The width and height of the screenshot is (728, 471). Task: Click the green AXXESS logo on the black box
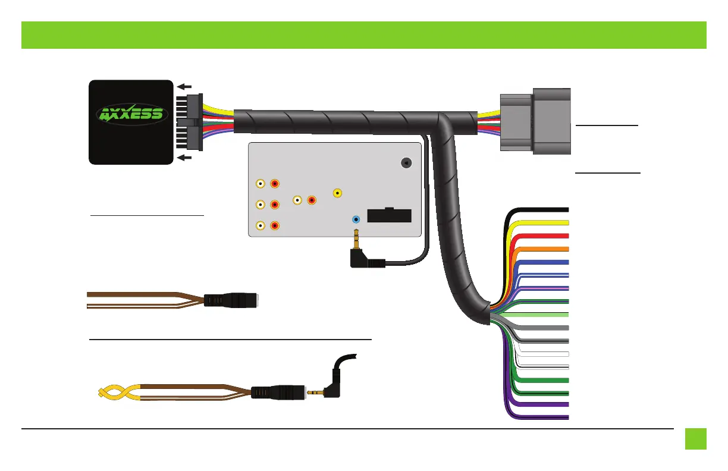tap(132, 114)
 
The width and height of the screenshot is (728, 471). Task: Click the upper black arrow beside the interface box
tap(184, 87)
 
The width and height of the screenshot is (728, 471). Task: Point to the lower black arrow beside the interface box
tap(184, 158)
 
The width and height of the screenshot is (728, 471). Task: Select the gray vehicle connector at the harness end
tap(535, 121)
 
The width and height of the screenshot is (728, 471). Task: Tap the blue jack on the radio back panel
tap(356, 219)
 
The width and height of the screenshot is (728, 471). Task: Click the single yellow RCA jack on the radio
tap(337, 193)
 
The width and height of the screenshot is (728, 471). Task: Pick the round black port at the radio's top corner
tap(406, 163)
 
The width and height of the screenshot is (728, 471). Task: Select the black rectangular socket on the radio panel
tap(390, 215)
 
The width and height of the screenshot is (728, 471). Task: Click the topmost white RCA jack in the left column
tap(261, 184)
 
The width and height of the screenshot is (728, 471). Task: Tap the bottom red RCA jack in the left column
tap(275, 225)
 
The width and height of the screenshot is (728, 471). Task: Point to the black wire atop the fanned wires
tap(536, 210)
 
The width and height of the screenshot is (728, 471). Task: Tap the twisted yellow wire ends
tap(119, 392)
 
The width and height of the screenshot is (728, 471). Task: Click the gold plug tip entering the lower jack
tap(315, 392)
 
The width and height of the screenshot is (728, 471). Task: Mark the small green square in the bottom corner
tap(696, 439)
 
